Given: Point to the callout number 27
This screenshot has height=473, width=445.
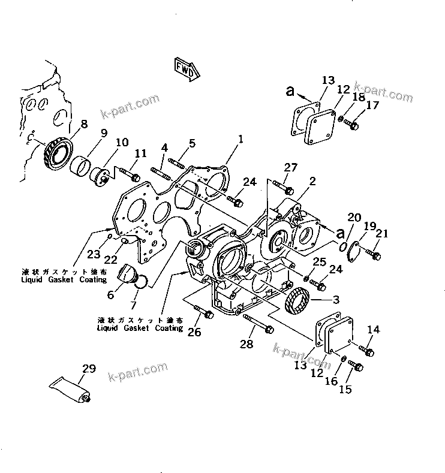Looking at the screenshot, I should click(x=291, y=168).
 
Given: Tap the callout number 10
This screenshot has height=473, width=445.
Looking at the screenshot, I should click(x=122, y=143).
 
